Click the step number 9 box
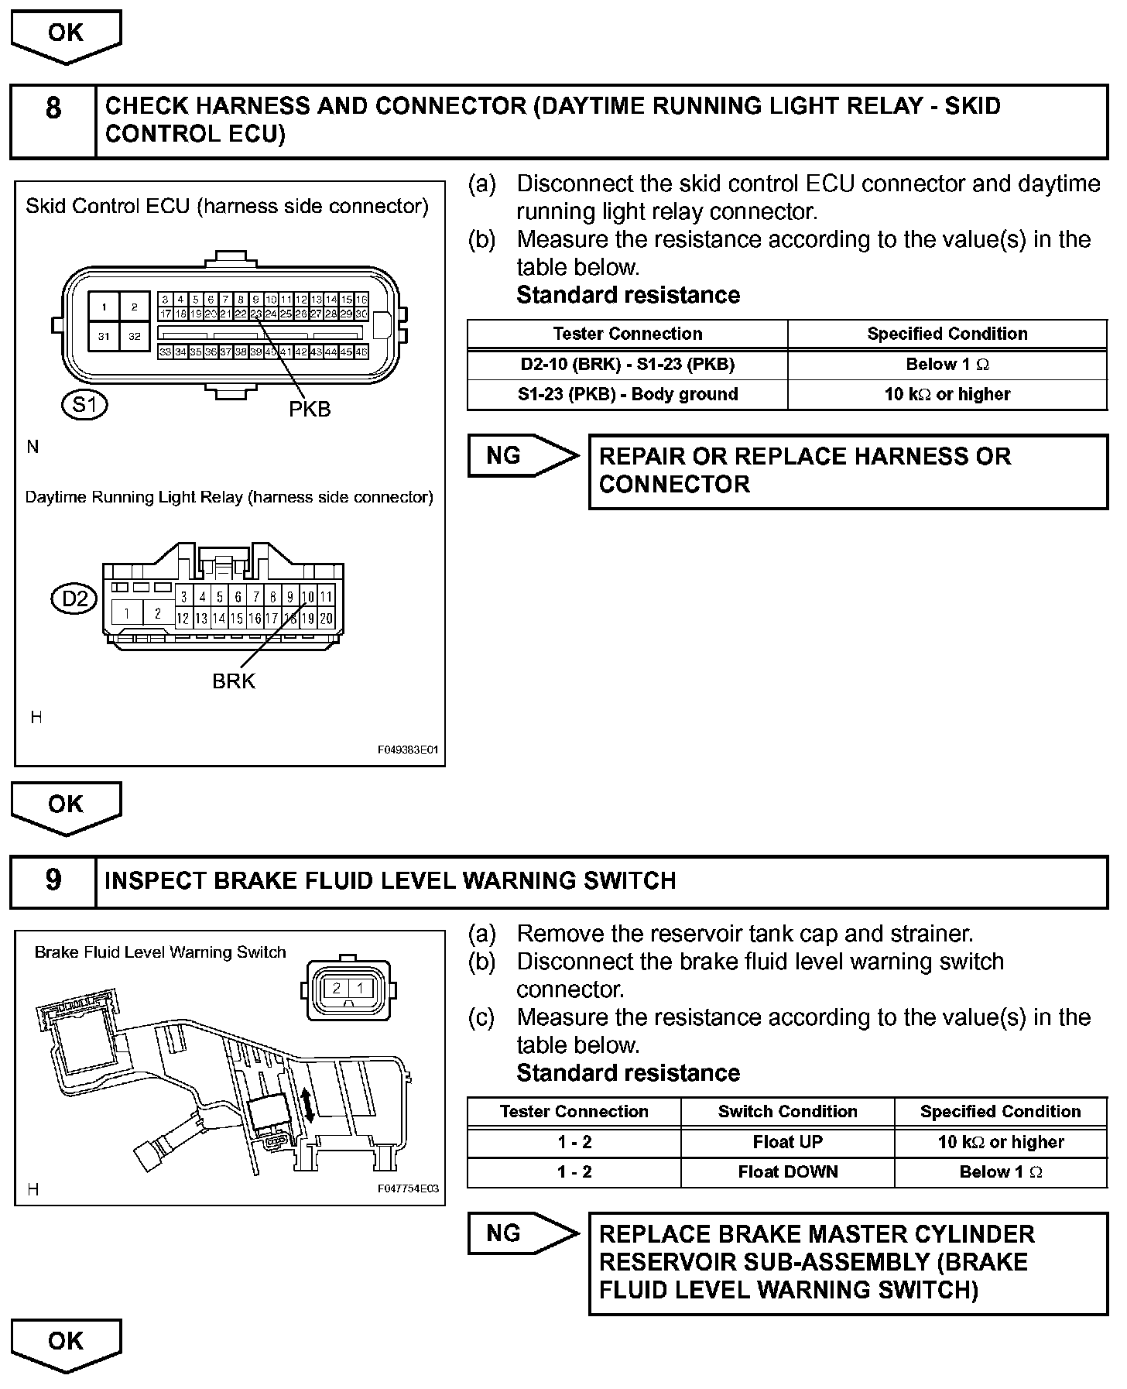(x=53, y=881)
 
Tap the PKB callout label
(x=310, y=409)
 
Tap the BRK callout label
(x=233, y=681)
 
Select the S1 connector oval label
(x=84, y=404)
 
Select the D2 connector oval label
(x=74, y=598)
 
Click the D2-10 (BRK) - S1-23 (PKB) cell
(x=627, y=365)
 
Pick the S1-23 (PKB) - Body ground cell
(x=627, y=394)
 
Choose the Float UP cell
(x=787, y=1142)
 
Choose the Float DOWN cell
(x=787, y=1171)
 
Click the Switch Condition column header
(x=787, y=1112)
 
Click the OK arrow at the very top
(x=66, y=36)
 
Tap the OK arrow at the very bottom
(x=66, y=1345)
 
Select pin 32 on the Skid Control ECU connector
(x=135, y=336)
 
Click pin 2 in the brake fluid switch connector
(x=337, y=989)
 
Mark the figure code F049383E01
(x=408, y=750)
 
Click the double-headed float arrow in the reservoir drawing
(x=309, y=1103)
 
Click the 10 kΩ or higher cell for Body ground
(x=947, y=394)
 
